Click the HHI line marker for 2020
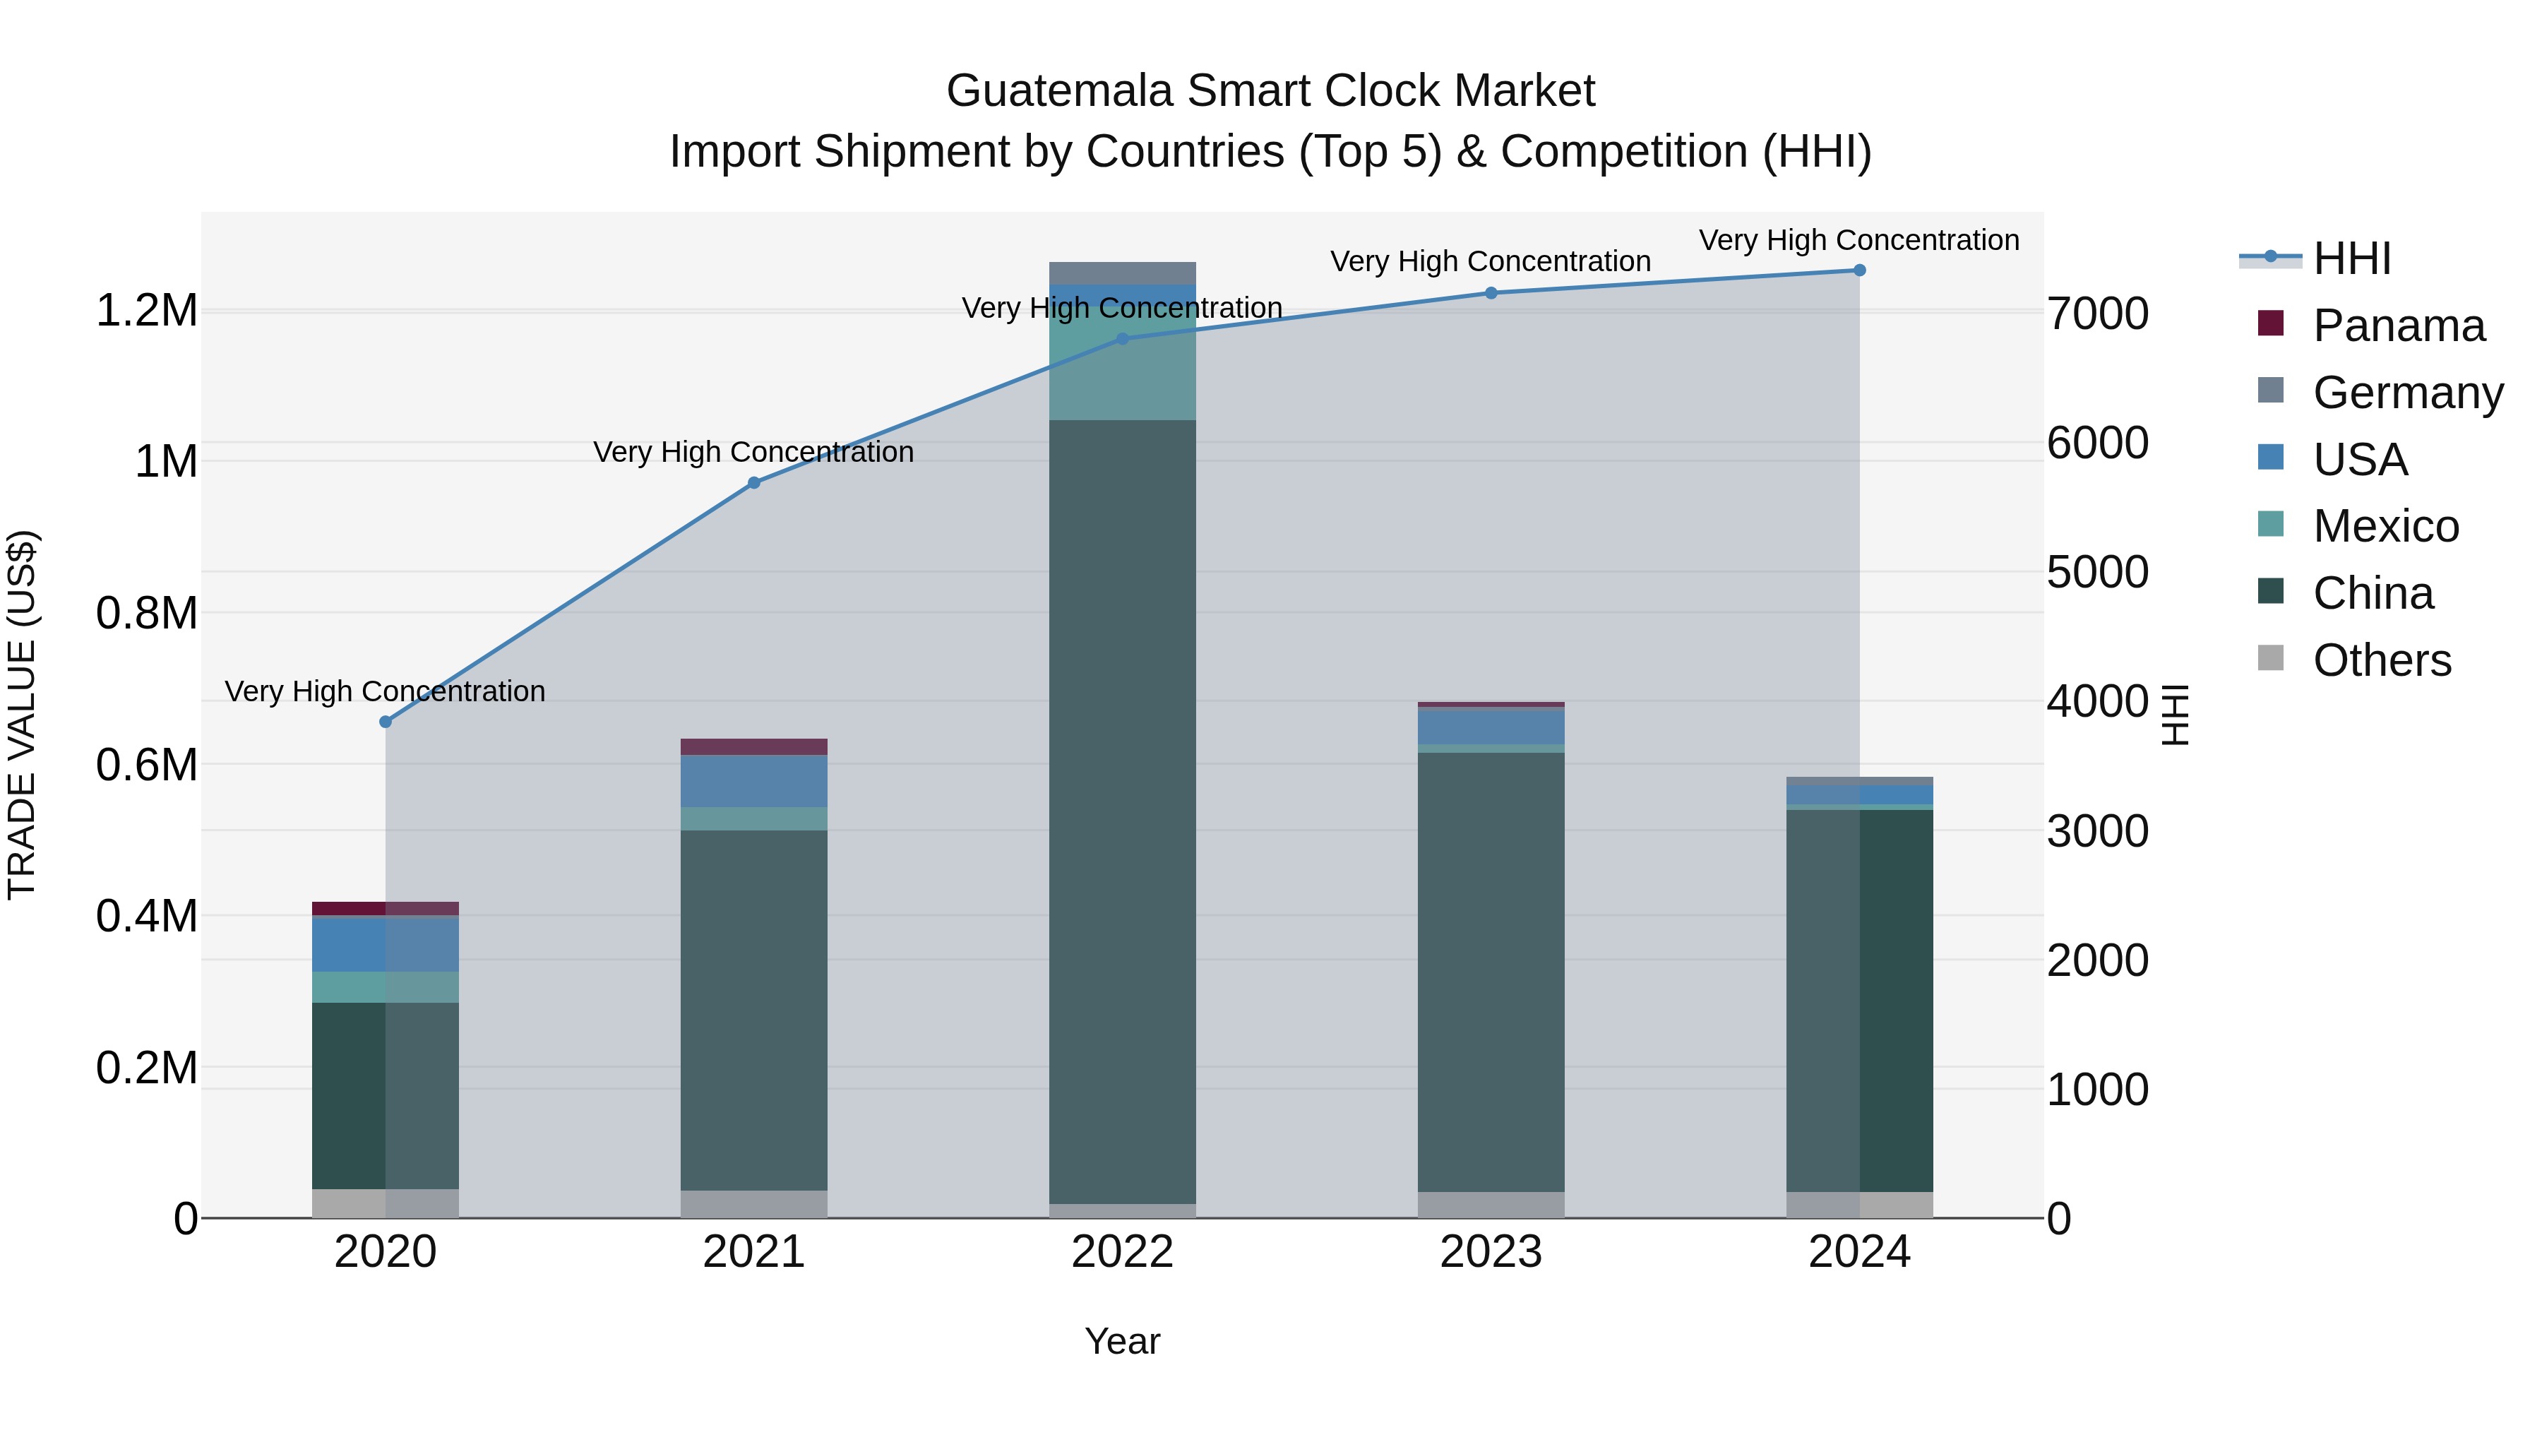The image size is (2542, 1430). [385, 722]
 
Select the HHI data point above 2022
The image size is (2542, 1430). [1122, 338]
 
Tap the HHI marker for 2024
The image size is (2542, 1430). [1859, 270]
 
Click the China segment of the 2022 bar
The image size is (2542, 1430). [1122, 809]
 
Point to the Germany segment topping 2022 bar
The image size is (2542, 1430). [1122, 273]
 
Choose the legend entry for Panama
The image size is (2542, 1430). [2398, 326]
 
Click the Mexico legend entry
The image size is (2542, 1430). [2385, 526]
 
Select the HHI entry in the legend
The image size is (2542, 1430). [2351, 258]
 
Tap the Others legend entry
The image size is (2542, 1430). [2381, 660]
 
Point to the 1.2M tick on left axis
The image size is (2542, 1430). [147, 311]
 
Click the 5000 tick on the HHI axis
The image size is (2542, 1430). [2097, 573]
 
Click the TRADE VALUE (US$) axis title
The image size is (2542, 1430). [22, 715]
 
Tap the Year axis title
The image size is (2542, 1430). [1122, 1341]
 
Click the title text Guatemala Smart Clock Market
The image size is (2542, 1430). [1270, 91]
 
